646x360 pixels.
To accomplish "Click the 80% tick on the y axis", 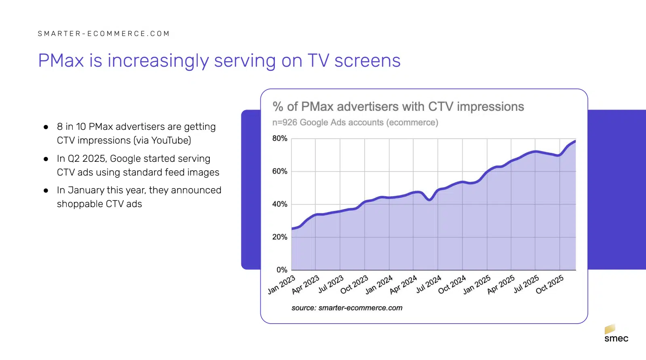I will pyautogui.click(x=280, y=138).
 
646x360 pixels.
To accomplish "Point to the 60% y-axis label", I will pyautogui.click(x=280, y=171).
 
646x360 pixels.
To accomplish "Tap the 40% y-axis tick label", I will pyautogui.click(x=280, y=204).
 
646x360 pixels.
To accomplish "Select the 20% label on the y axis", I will pyautogui.click(x=280, y=237).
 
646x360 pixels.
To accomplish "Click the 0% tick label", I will pyautogui.click(x=282, y=270).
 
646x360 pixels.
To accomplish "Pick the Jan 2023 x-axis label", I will pyautogui.click(x=281, y=285).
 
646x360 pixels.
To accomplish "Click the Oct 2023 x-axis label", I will pyautogui.click(x=354, y=285).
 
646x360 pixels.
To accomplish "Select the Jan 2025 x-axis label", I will pyautogui.click(x=477, y=285).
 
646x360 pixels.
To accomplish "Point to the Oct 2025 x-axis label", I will pyautogui.click(x=549, y=285).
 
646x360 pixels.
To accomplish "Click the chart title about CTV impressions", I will pyautogui.click(x=398, y=106).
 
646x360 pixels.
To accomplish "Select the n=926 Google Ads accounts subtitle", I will pyautogui.click(x=355, y=123).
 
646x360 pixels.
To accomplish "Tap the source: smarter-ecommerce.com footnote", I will pyautogui.click(x=347, y=308).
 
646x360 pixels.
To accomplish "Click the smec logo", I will pyautogui.click(x=616, y=334).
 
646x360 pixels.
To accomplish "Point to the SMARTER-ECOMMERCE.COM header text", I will pyautogui.click(x=104, y=34).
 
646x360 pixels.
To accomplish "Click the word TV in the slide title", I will pyautogui.click(x=318, y=61).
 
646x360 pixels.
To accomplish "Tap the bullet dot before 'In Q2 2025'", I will pyautogui.click(x=46, y=159).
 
